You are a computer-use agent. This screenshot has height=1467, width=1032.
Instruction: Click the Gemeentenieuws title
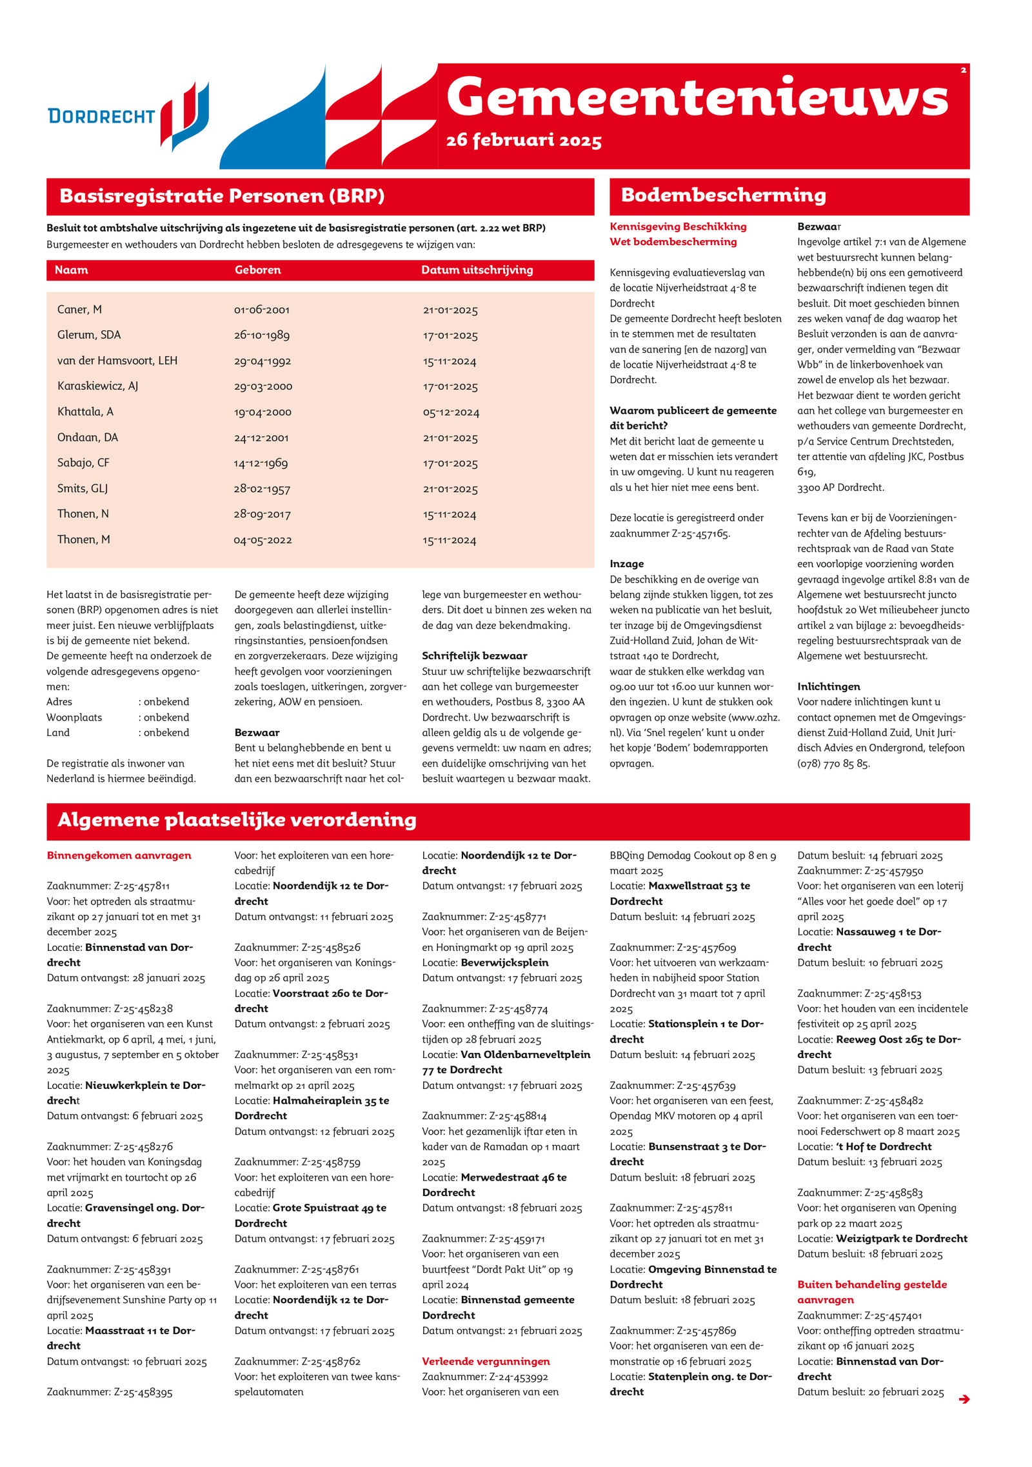point(697,97)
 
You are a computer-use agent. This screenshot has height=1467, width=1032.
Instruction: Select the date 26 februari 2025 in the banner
point(524,141)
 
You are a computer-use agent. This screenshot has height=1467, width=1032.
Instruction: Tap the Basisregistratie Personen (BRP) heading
point(222,196)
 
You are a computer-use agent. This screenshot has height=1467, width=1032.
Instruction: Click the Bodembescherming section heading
point(723,195)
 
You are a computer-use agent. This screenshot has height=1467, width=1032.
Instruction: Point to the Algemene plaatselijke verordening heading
point(237,820)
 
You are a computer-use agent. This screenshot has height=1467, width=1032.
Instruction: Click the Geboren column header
point(257,270)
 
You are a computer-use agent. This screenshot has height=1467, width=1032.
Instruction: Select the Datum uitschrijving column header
point(477,270)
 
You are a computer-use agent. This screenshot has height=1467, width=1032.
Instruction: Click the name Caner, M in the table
point(79,310)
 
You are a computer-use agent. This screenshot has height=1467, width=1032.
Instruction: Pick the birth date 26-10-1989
point(261,335)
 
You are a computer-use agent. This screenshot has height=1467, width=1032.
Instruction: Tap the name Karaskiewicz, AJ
point(97,386)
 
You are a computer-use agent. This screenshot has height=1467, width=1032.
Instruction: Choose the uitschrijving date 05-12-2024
point(451,412)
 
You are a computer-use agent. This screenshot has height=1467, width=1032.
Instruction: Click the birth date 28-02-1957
point(261,489)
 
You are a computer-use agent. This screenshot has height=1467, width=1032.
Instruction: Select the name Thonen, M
point(83,540)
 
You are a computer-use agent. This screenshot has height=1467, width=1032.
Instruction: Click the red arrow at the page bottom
point(964,1399)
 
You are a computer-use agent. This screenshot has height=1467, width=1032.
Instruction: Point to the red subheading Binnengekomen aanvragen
point(119,855)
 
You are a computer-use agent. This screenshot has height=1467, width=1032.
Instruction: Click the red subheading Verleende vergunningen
point(486,1361)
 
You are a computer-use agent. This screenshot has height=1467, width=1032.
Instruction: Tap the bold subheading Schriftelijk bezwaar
point(475,656)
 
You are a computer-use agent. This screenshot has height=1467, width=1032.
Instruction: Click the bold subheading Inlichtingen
point(828,686)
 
